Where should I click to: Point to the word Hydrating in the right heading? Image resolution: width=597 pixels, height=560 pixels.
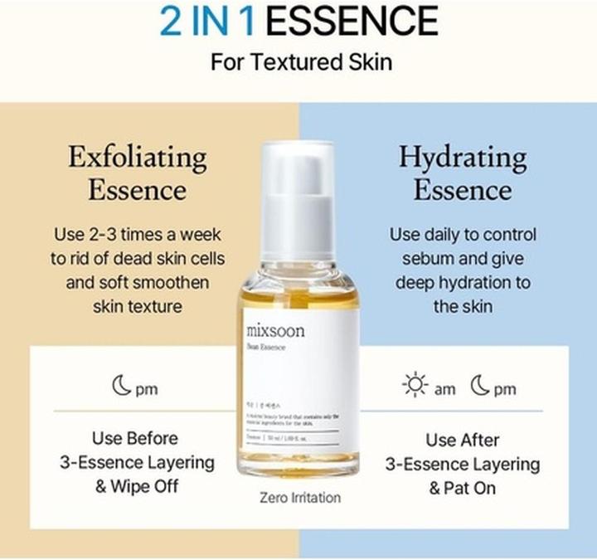(x=462, y=156)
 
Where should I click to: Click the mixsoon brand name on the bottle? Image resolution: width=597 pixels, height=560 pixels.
(x=275, y=331)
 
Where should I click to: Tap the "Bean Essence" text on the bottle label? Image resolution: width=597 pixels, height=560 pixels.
(x=266, y=348)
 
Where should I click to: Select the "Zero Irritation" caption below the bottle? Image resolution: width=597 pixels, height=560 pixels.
(x=300, y=498)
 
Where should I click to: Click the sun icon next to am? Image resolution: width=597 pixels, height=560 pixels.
(x=414, y=386)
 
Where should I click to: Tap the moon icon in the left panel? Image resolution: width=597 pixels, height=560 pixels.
(x=123, y=387)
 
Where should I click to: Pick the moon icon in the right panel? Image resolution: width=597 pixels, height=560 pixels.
(x=480, y=386)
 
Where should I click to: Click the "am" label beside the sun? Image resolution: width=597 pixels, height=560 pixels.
(x=444, y=389)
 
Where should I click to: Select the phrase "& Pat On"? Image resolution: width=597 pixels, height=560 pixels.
(x=462, y=488)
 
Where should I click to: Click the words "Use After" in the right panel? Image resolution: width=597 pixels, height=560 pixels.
(x=462, y=440)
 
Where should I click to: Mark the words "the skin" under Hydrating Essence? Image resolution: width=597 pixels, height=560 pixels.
(x=463, y=306)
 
